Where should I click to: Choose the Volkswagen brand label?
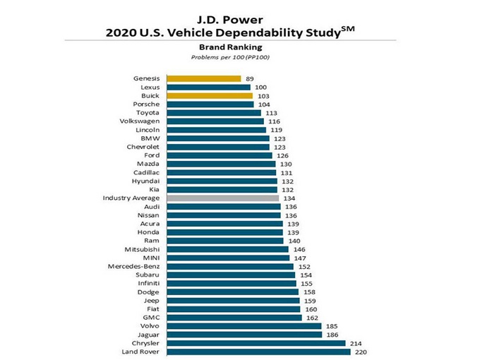pos(140,121)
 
